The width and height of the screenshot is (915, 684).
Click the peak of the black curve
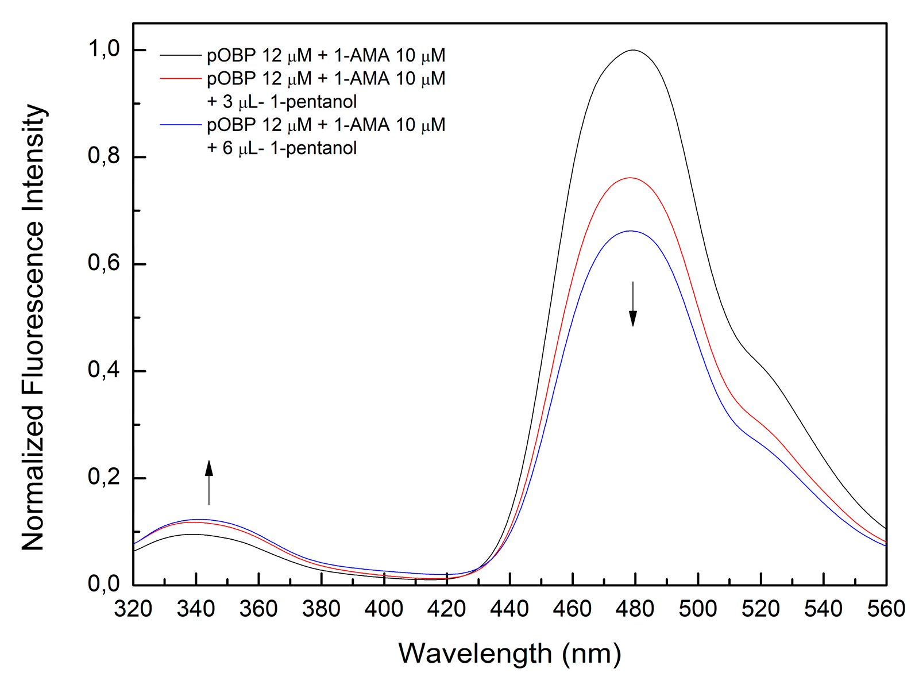pyautogui.click(x=633, y=50)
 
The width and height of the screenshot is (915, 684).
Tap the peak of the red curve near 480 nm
pyautogui.click(x=631, y=178)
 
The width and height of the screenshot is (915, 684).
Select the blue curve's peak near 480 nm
pyautogui.click(x=631, y=231)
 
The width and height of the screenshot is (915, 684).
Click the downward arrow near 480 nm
pyautogui.click(x=632, y=305)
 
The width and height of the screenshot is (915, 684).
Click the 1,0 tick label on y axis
pyautogui.click(x=104, y=49)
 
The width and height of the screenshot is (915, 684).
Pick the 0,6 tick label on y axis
pyautogui.click(x=104, y=263)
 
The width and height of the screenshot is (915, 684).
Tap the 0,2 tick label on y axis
pyautogui.click(x=104, y=477)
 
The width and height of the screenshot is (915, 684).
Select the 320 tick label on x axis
pyautogui.click(x=133, y=609)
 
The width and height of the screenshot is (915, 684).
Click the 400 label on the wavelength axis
pyautogui.click(x=384, y=609)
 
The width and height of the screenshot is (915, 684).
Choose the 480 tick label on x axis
pyautogui.click(x=635, y=609)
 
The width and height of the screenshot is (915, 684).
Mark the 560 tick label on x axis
pyautogui.click(x=886, y=609)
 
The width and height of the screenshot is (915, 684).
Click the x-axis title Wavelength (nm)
pyautogui.click(x=509, y=654)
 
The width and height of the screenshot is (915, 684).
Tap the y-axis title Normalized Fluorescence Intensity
pyautogui.click(x=33, y=328)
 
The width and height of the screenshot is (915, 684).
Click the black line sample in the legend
pyautogui.click(x=181, y=55)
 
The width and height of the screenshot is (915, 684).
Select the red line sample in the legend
pyautogui.click(x=181, y=78)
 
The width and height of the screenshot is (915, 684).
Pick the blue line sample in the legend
pyautogui.click(x=181, y=125)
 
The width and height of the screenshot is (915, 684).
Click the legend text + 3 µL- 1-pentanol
pyautogui.click(x=281, y=102)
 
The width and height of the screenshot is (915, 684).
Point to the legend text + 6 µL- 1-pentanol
pyautogui.click(x=281, y=148)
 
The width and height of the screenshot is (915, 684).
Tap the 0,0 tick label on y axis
pyautogui.click(x=104, y=583)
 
